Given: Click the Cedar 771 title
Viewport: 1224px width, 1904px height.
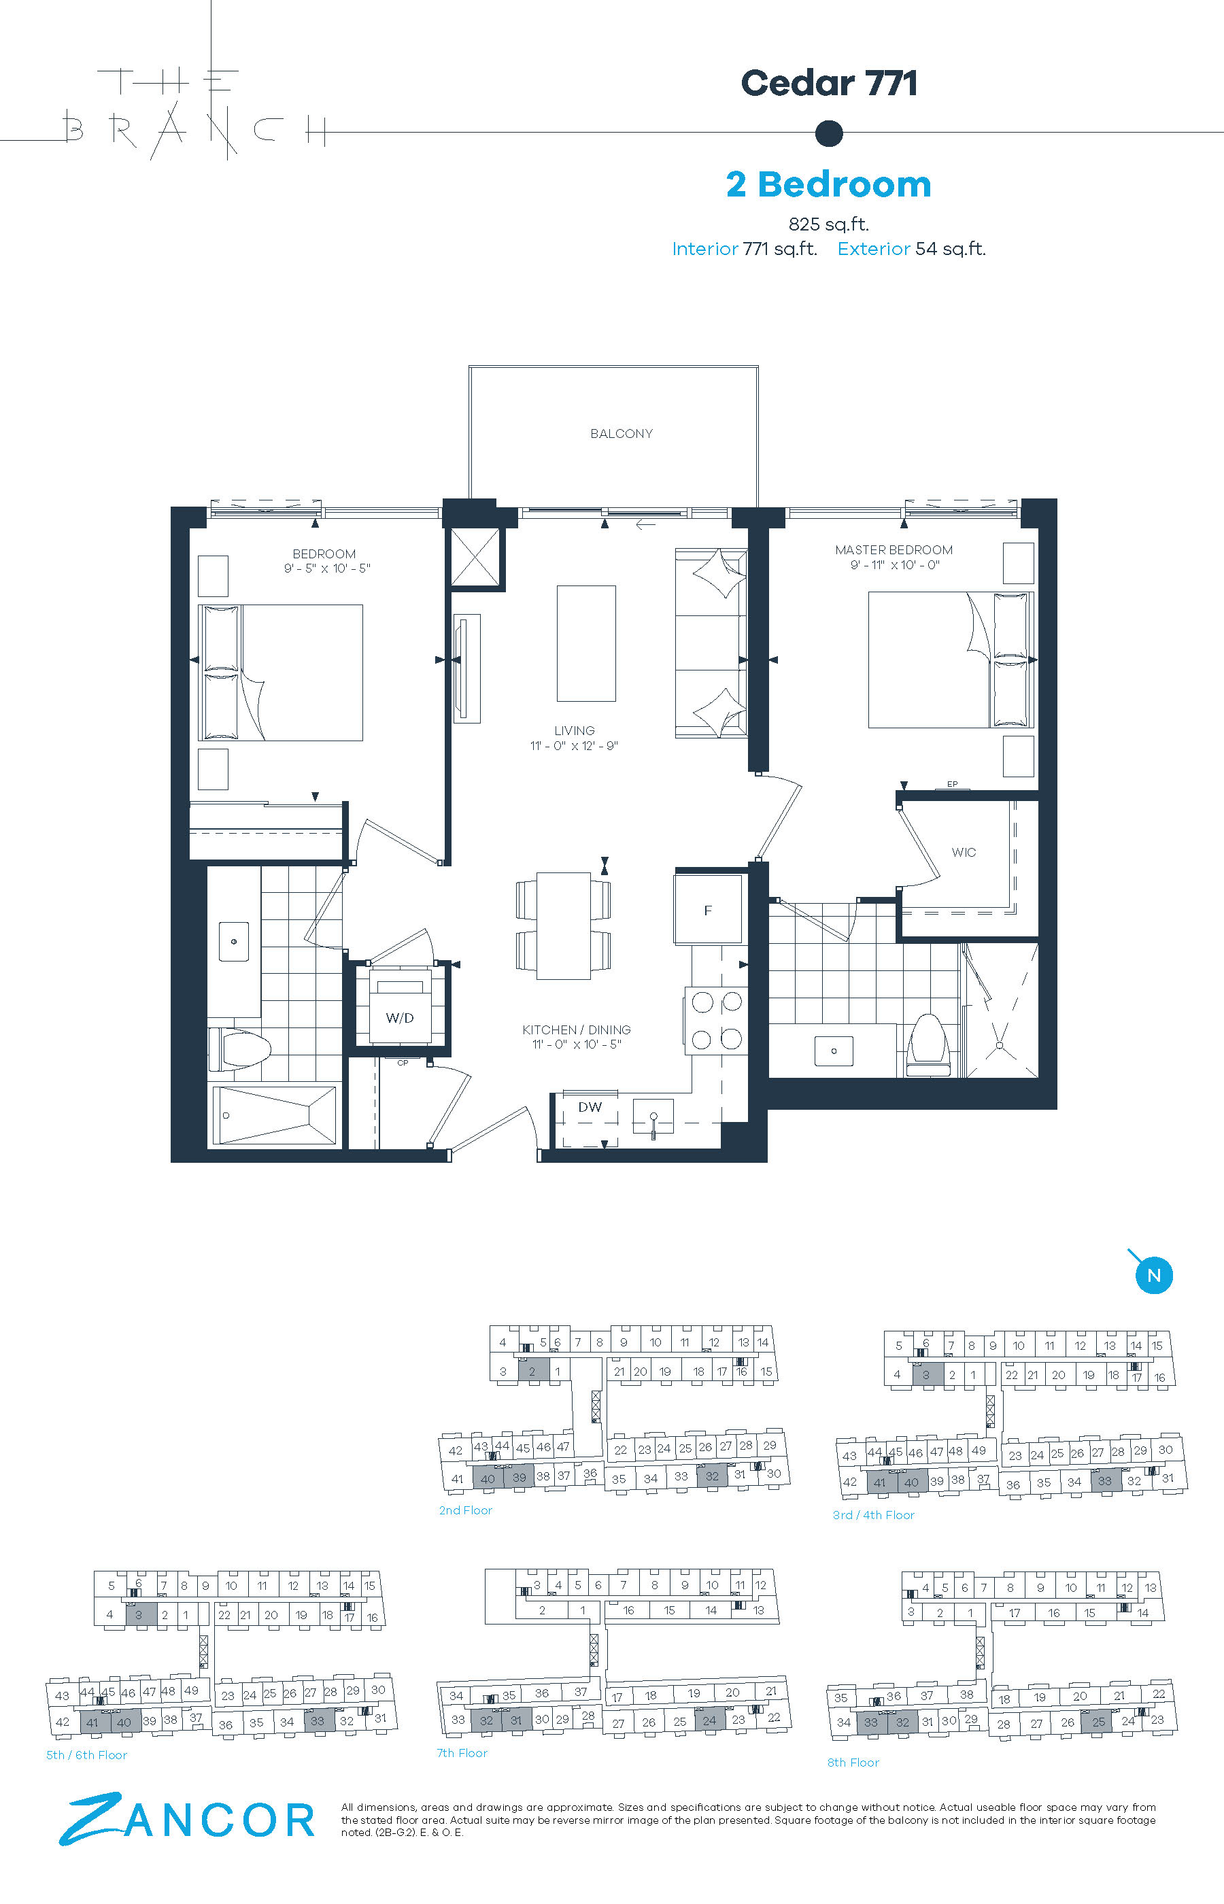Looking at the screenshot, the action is pos(829,84).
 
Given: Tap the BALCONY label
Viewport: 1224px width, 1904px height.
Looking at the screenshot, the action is pos(622,434).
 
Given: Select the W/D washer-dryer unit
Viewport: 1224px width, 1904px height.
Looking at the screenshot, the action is pos(401,1006).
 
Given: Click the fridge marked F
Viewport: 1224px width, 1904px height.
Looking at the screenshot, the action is pos(708,909).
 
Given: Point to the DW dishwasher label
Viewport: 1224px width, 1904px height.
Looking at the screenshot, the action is pos(590,1107).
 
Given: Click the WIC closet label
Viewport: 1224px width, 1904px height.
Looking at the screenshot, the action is pos(964,852).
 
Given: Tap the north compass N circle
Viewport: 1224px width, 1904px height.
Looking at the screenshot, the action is pos(1154,1276).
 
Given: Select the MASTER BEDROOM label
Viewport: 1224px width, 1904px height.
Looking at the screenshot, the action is pos(894,550).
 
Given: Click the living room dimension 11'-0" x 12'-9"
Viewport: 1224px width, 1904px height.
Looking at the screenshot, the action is pos(574,745).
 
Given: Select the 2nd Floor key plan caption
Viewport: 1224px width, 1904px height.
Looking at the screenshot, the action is pos(466,1510).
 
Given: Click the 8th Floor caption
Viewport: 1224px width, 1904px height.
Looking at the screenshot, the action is pos(853,1763).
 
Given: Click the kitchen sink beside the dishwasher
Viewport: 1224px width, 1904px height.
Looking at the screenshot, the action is pos(653,1117).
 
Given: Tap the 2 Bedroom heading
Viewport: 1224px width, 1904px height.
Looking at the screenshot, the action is pos(828,184).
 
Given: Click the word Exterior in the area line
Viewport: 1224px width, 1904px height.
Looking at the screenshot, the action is pos(874,249).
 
